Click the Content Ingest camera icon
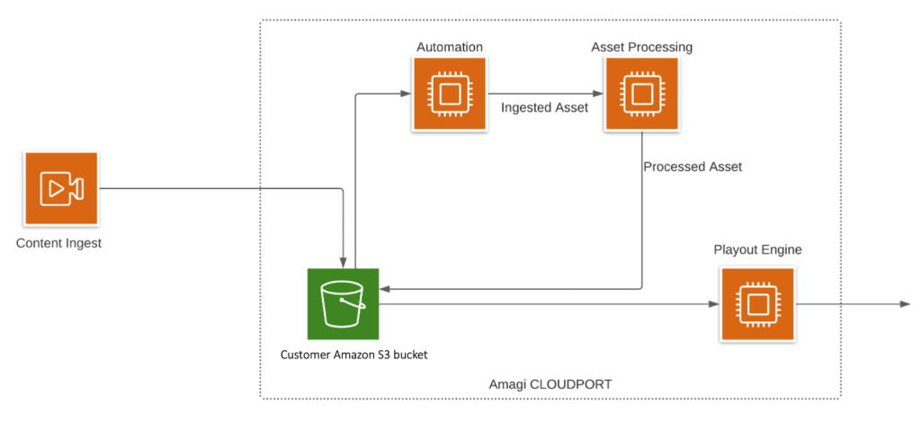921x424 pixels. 61,188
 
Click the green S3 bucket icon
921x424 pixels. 343,304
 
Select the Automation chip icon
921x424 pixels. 450,95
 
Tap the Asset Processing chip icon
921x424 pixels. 641,95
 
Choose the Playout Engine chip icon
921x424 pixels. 756,304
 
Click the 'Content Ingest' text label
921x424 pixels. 59,243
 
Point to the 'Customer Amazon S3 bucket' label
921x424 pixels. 353,355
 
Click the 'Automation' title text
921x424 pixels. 450,46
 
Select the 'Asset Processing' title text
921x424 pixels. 641,46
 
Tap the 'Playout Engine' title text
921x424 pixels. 756,248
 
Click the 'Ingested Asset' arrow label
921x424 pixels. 544,108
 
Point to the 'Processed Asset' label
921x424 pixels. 693,167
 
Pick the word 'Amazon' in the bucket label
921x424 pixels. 357,355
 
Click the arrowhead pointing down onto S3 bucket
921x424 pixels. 343,262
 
